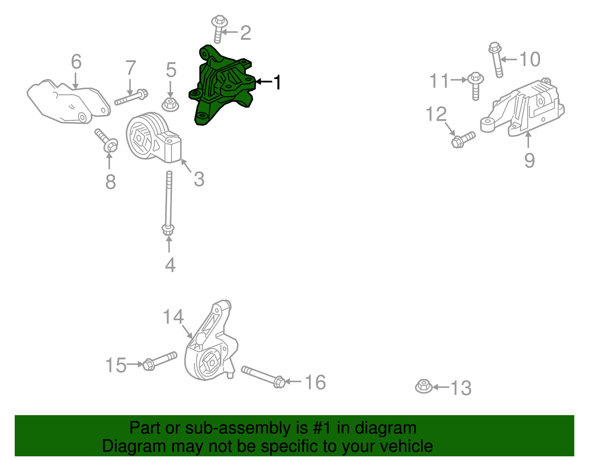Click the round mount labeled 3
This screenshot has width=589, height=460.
click(x=153, y=138)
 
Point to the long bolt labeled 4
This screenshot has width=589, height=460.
click(x=169, y=204)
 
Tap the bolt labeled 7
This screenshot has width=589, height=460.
click(x=131, y=97)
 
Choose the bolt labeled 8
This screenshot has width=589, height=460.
click(x=106, y=140)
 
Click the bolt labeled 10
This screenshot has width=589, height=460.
click(x=497, y=60)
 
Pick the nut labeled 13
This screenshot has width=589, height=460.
click(x=424, y=386)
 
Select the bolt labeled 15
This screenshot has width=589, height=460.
click(x=160, y=361)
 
